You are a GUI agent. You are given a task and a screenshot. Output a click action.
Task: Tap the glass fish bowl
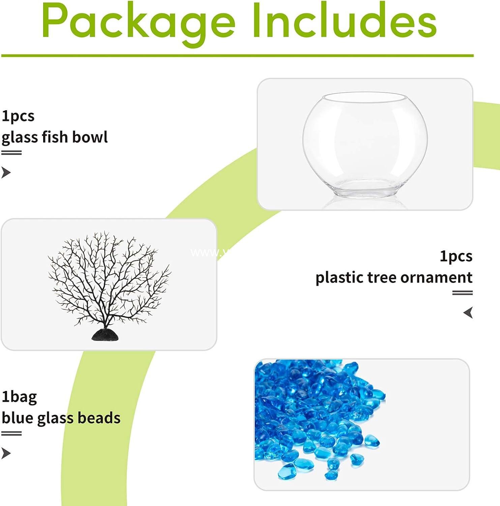365,145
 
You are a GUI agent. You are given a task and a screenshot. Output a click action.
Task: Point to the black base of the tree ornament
105,335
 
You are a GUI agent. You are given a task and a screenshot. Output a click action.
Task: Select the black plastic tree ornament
109,280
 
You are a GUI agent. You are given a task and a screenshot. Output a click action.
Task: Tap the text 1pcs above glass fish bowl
18,116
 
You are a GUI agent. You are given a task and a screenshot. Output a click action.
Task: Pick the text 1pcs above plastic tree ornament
456,256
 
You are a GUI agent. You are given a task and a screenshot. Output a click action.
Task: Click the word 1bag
19,397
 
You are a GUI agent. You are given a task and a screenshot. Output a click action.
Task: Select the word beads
99,418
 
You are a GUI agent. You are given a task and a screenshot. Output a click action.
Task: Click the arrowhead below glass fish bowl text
6,172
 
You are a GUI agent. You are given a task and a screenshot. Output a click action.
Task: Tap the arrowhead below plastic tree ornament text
468,313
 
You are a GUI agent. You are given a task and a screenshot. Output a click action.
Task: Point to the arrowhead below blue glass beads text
6,453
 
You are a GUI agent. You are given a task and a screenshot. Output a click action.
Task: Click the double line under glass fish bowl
11,153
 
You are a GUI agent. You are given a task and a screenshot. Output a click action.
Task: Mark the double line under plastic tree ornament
462,293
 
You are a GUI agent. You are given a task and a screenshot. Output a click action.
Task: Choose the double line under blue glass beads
11,433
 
